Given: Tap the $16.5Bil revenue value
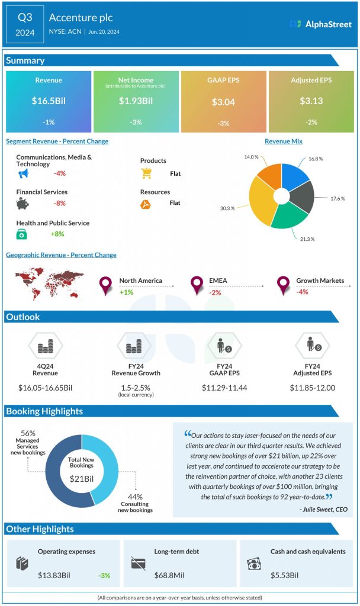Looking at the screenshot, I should click(x=49, y=101).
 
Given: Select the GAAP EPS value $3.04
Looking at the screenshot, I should click(x=223, y=102).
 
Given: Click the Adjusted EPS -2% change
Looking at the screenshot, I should click(x=311, y=123).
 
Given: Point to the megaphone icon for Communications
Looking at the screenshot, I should click(x=23, y=173).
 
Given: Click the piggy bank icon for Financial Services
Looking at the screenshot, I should click(x=23, y=204).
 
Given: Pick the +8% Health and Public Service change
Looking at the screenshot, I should click(x=58, y=234).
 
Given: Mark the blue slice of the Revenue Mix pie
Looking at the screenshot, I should click(x=292, y=177).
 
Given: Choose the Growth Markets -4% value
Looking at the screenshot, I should click(x=302, y=292).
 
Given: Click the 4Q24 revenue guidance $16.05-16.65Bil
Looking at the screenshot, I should click(x=46, y=388).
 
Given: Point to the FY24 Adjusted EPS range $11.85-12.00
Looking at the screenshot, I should click(x=312, y=388).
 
